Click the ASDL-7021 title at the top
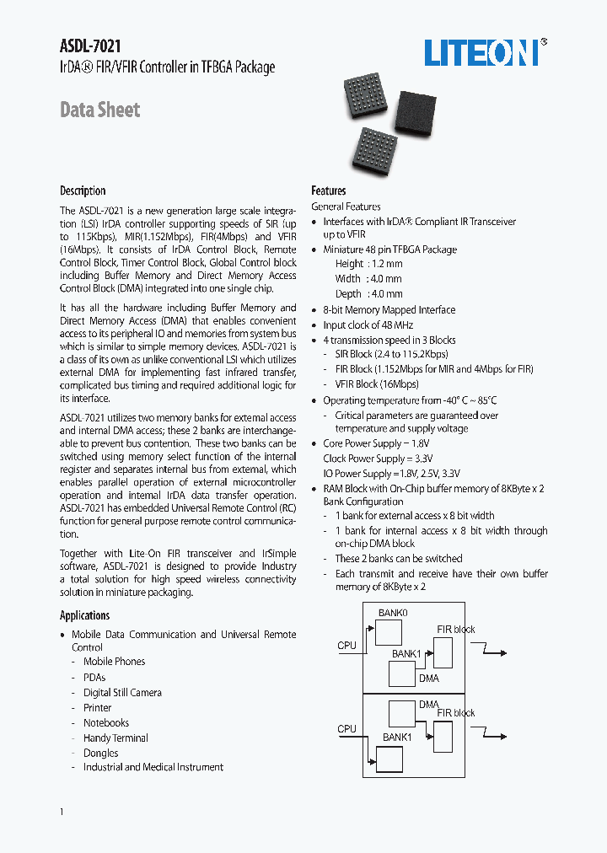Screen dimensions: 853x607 [84, 48]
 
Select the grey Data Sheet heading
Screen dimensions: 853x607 [99, 110]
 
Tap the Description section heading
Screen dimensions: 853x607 [83, 190]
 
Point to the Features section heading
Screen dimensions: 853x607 [328, 190]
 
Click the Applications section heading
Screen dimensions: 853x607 [84, 615]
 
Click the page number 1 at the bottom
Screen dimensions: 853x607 [62, 811]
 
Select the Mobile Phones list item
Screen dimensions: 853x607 [114, 662]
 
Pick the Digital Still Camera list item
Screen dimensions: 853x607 [122, 692]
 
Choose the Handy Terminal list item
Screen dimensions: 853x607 [115, 738]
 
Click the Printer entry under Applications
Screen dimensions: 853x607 [97, 707]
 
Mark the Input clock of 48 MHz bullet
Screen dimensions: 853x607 [368, 325]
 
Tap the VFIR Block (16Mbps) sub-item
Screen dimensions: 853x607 [376, 384]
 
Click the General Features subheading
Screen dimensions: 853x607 [346, 207]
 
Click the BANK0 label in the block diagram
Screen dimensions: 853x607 [392, 613]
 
